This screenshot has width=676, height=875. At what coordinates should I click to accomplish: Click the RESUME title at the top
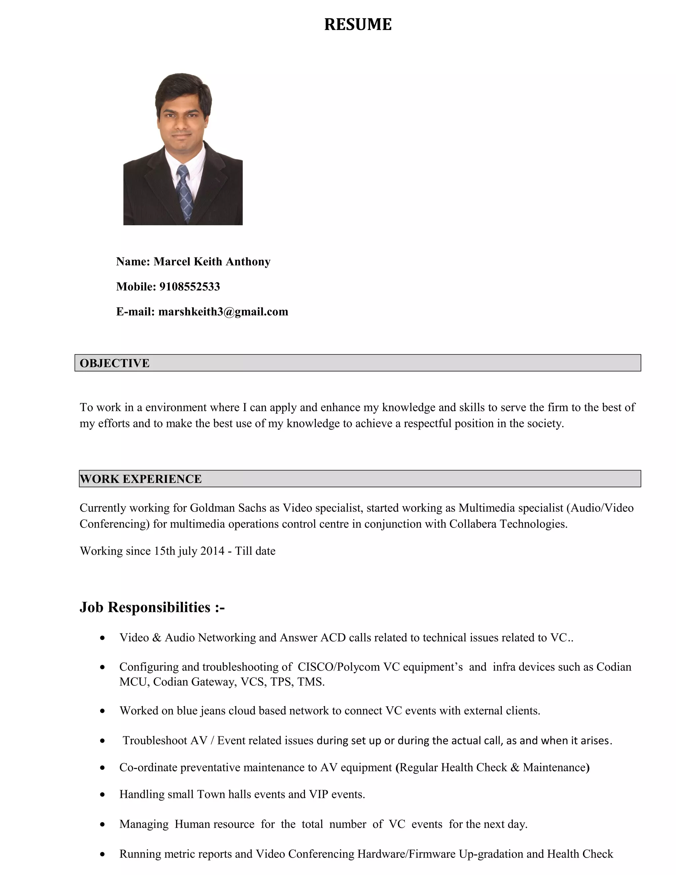pos(357,24)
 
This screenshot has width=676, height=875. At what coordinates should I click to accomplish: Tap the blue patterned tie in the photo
pos(185,192)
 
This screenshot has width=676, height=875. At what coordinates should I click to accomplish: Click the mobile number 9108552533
pos(189,287)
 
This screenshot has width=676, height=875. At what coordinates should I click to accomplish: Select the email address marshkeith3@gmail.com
pos(223,312)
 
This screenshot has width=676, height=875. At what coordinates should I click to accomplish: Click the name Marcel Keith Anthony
pos(212,262)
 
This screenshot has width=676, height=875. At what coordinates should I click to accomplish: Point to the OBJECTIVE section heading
pos(115,363)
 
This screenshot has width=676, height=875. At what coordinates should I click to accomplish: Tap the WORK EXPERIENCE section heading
pos(141,479)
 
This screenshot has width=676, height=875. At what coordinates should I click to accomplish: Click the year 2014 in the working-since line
pos(212,551)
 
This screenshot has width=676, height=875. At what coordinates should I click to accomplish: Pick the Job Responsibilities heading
pos(152,607)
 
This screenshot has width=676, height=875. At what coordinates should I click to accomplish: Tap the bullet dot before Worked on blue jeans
pos(103,711)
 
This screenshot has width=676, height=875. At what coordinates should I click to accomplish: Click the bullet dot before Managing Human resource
pos(103,824)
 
